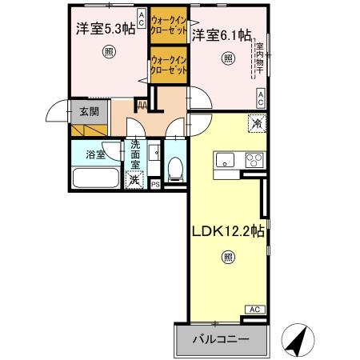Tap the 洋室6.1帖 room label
point(222,35)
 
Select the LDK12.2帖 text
point(227,232)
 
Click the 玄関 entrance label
point(88,112)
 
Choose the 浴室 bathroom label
point(95,154)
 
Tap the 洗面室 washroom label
point(136,154)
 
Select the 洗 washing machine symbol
point(135,180)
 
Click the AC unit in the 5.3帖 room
point(141,18)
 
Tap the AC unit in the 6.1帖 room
point(261,98)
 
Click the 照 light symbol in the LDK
point(228,258)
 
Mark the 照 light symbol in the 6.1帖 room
point(227,59)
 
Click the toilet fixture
point(174,166)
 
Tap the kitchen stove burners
point(254,157)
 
